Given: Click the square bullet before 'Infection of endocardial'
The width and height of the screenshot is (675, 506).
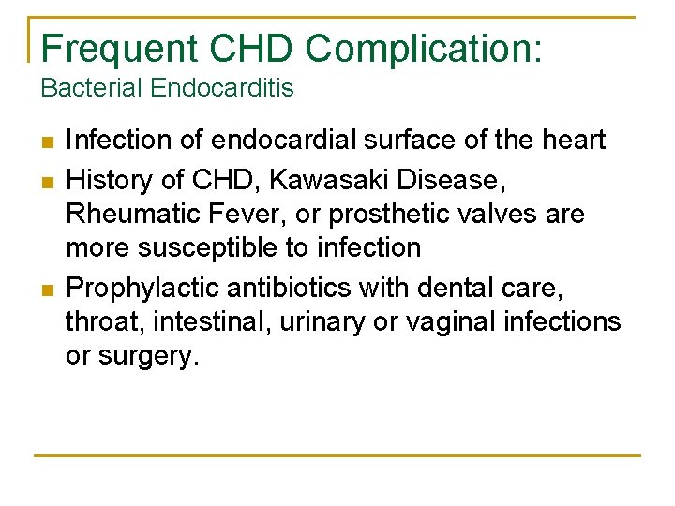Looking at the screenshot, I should (46, 142).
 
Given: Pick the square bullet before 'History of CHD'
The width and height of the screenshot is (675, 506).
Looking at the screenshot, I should (46, 179).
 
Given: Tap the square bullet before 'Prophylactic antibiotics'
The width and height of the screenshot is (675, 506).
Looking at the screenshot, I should (46, 288).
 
